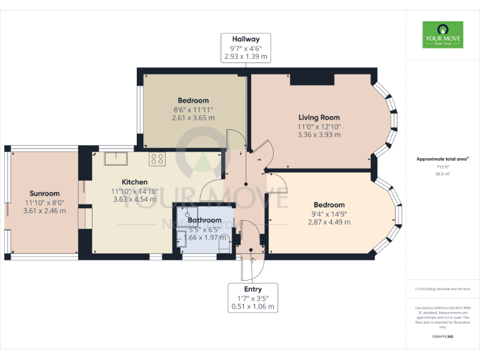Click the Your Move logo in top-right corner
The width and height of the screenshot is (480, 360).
pyautogui.click(x=442, y=35)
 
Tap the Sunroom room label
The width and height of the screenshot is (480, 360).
pyautogui.click(x=44, y=194)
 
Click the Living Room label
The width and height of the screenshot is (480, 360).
pyautogui.click(x=319, y=117)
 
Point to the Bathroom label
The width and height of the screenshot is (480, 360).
pyautogui.click(x=204, y=220)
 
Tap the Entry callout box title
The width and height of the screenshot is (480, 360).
pyautogui.click(x=253, y=289)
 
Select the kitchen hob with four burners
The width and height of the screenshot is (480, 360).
pyautogui.click(x=157, y=159)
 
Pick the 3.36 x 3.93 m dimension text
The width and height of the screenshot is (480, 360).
pyautogui.click(x=319, y=134)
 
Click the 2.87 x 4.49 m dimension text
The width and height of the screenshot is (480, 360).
pyautogui.click(x=329, y=222)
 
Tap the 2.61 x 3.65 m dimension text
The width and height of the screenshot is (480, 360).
pyautogui.click(x=193, y=117)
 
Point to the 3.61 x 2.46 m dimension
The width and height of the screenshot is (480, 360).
pyautogui.click(x=44, y=211)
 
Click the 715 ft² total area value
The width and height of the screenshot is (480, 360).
pyautogui.click(x=442, y=167)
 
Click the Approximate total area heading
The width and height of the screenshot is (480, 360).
pyautogui.click(x=442, y=159)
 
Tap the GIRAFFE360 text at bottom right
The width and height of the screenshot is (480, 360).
pyautogui.click(x=442, y=337)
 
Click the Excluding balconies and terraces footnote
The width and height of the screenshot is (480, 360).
pyautogui.click(x=442, y=289)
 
